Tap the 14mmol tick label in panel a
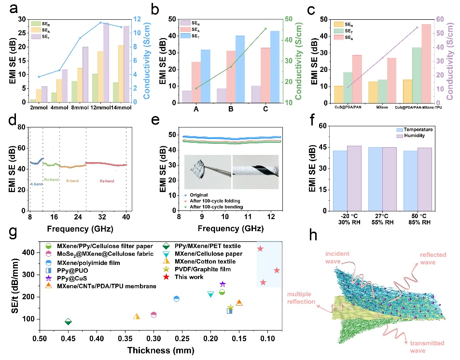(121, 108)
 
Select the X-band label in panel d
(36, 184)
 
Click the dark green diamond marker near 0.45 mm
(69, 322)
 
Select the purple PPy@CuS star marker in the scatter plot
(223, 284)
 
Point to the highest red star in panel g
(260, 249)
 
